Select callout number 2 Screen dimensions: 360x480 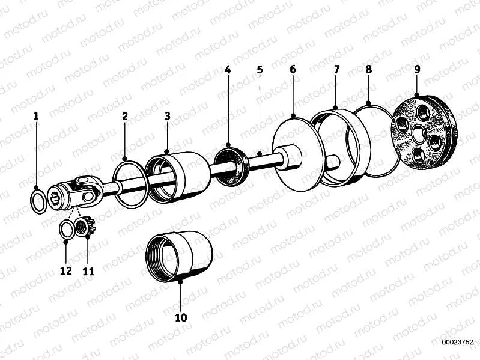pyautogui.click(x=125, y=117)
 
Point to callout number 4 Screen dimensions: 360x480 pyautogui.click(x=228, y=70)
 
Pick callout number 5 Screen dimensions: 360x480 pyautogui.click(x=260, y=70)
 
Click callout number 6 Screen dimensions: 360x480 pyautogui.click(x=293, y=70)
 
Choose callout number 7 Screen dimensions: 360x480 pyautogui.click(x=336, y=70)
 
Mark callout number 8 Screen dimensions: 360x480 pyautogui.click(x=368, y=70)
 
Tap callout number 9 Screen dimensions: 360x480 pyautogui.click(x=417, y=70)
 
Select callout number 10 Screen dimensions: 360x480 pyautogui.click(x=181, y=317)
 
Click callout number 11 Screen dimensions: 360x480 pyautogui.click(x=88, y=271)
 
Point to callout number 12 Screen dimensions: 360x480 pyautogui.click(x=66, y=271)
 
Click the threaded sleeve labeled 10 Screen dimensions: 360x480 pyautogui.click(x=180, y=255)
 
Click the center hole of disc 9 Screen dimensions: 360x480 pyautogui.click(x=418, y=133)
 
